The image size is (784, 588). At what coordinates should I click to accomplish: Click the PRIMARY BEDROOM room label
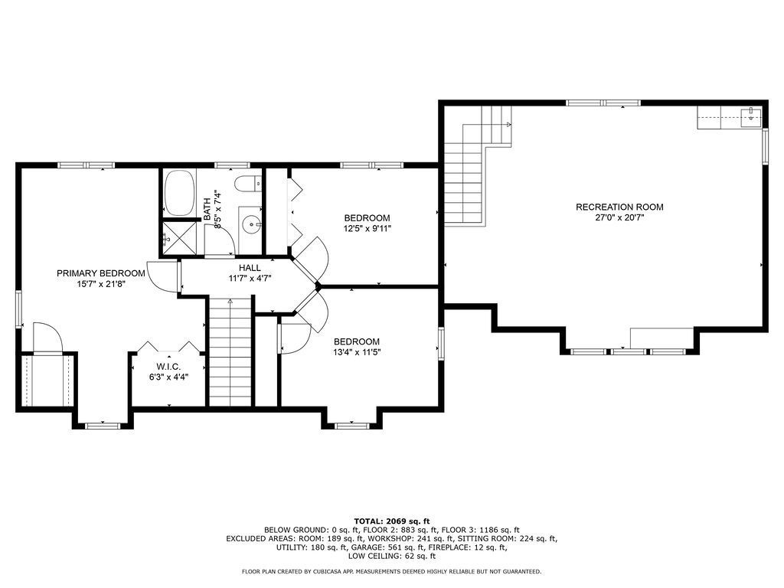point(101,273)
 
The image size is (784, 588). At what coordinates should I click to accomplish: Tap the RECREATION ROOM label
point(619,207)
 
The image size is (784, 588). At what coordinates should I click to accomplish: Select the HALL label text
point(250,268)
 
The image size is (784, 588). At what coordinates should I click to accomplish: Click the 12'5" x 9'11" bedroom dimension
point(367,229)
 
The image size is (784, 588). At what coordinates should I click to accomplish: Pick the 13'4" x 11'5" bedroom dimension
point(357,352)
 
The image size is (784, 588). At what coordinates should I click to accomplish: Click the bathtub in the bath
point(179,193)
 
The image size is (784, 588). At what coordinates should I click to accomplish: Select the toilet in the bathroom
point(248,184)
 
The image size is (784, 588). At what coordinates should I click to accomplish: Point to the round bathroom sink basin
point(251,224)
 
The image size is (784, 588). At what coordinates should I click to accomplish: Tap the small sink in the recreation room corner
point(751,118)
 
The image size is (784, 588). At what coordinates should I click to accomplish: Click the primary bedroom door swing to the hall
point(163,276)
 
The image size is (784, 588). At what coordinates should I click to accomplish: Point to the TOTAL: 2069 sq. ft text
point(392,521)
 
